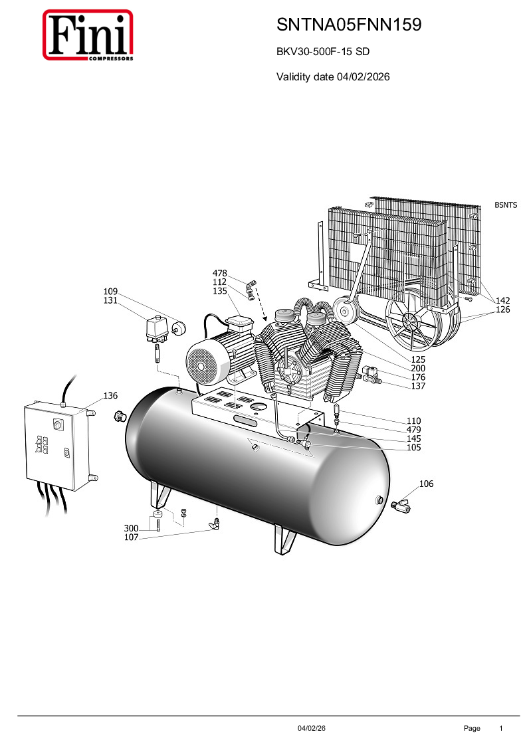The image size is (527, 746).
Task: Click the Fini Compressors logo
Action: tap(88, 35)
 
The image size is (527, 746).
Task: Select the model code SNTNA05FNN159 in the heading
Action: tap(349, 25)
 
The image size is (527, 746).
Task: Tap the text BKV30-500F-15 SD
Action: tap(323, 51)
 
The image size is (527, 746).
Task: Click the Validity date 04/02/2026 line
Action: tap(333, 76)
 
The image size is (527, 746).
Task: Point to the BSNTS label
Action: tap(506, 205)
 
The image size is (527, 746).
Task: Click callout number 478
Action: tap(219, 273)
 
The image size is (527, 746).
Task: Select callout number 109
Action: tap(110, 291)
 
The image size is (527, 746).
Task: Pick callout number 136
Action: tap(110, 395)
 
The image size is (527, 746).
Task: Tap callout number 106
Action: tap(426, 484)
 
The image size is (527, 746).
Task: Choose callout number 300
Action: tap(131, 528)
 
